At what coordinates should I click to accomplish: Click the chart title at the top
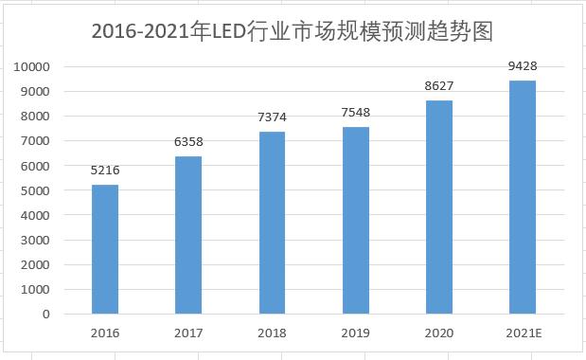[x=293, y=31]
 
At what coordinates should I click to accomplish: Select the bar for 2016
[x=105, y=248]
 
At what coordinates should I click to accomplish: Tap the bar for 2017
[x=188, y=234]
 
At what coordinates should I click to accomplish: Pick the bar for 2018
[x=273, y=222]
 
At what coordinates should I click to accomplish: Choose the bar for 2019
[x=356, y=220]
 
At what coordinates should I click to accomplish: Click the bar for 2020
[x=439, y=207]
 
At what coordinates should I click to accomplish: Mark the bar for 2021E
[x=523, y=196]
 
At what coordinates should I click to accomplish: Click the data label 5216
[x=105, y=171]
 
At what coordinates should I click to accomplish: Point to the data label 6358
[x=188, y=142]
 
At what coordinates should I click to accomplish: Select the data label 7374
[x=273, y=117]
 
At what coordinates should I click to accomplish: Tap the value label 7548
[x=356, y=114]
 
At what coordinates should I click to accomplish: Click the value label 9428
[x=523, y=66]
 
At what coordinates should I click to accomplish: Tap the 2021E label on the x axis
[x=523, y=333]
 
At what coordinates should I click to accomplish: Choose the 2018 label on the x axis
[x=273, y=333]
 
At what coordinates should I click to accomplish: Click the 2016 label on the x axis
[x=105, y=333]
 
